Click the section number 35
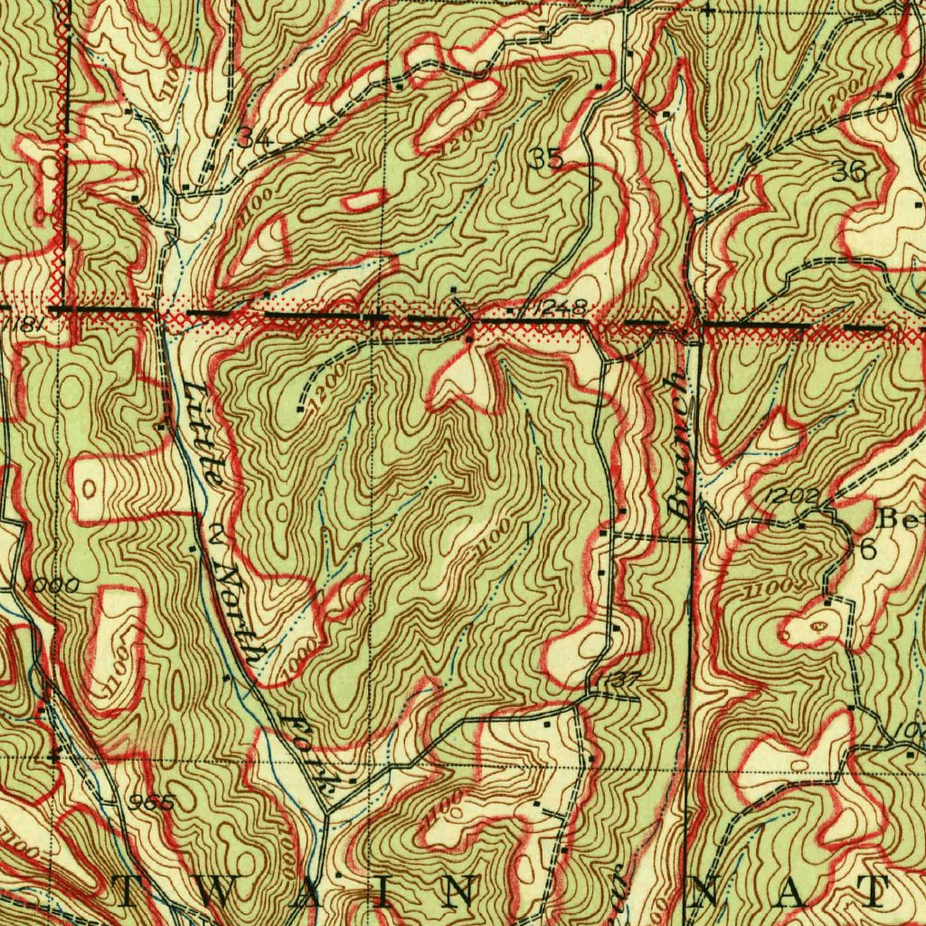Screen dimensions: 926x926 (546, 159)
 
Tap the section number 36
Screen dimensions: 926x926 (849, 171)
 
